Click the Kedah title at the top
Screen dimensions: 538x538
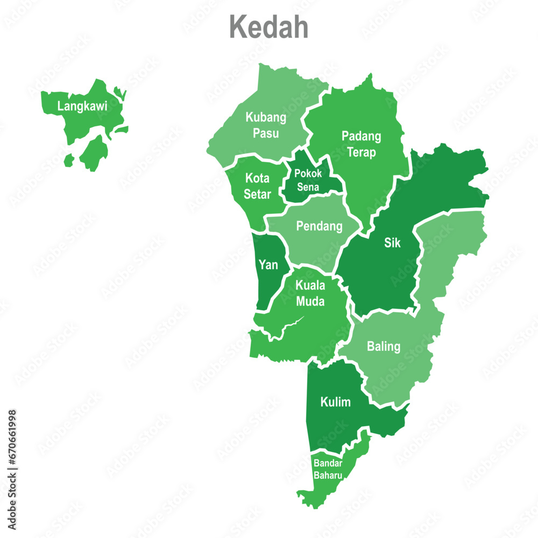pos(269,27)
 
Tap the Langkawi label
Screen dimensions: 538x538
pos(82,107)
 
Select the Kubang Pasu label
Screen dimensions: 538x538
pos(266,125)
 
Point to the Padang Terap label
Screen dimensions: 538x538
pos(361,144)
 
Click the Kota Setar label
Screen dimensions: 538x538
pos(257,185)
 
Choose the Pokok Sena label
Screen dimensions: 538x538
pos(308,180)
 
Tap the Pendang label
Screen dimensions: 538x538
pos(319,226)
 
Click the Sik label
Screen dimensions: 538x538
pos(392,243)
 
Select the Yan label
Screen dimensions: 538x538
pos(268,265)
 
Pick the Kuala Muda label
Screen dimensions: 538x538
pos(310,293)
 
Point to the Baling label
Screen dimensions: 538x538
pos(384,346)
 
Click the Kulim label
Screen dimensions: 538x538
pos(335,402)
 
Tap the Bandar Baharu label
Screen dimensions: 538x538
pos(328,469)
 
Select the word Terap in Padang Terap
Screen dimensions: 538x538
pos(361,152)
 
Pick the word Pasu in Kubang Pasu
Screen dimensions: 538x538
pos(266,133)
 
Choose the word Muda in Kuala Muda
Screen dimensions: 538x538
pos(310,301)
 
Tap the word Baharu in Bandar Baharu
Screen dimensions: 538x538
pos(328,475)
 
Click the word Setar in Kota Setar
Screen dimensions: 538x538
pos(257,194)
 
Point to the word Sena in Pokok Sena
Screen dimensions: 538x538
pos(308,187)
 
